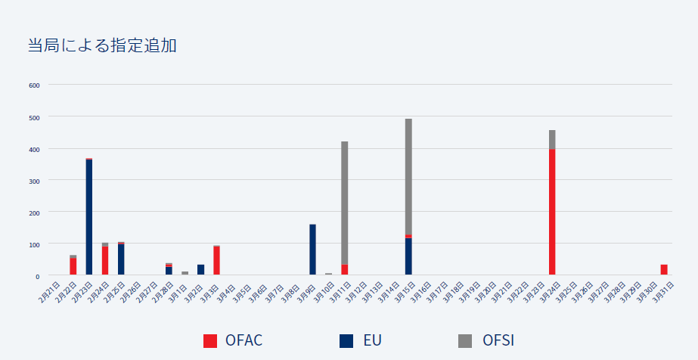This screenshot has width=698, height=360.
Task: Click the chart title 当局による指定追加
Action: [x=102, y=45]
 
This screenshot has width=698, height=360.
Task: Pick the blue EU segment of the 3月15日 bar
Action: [x=408, y=256]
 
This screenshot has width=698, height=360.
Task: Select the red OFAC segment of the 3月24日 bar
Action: [x=552, y=212]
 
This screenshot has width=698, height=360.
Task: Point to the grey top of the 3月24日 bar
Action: [x=552, y=139]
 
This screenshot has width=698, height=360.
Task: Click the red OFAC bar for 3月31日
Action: [x=664, y=269]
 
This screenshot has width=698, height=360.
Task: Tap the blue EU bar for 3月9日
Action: [x=312, y=250]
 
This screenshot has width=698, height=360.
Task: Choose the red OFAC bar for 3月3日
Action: [x=216, y=260]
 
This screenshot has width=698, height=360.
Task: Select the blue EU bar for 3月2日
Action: [x=200, y=269]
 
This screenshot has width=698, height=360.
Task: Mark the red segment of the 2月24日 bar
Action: [x=105, y=260]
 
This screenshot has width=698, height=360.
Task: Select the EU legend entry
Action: [x=361, y=340]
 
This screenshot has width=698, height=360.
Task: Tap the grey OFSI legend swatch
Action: [x=465, y=340]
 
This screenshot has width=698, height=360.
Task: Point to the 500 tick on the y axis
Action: [x=34, y=116]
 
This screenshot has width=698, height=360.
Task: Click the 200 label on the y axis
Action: [x=34, y=213]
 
